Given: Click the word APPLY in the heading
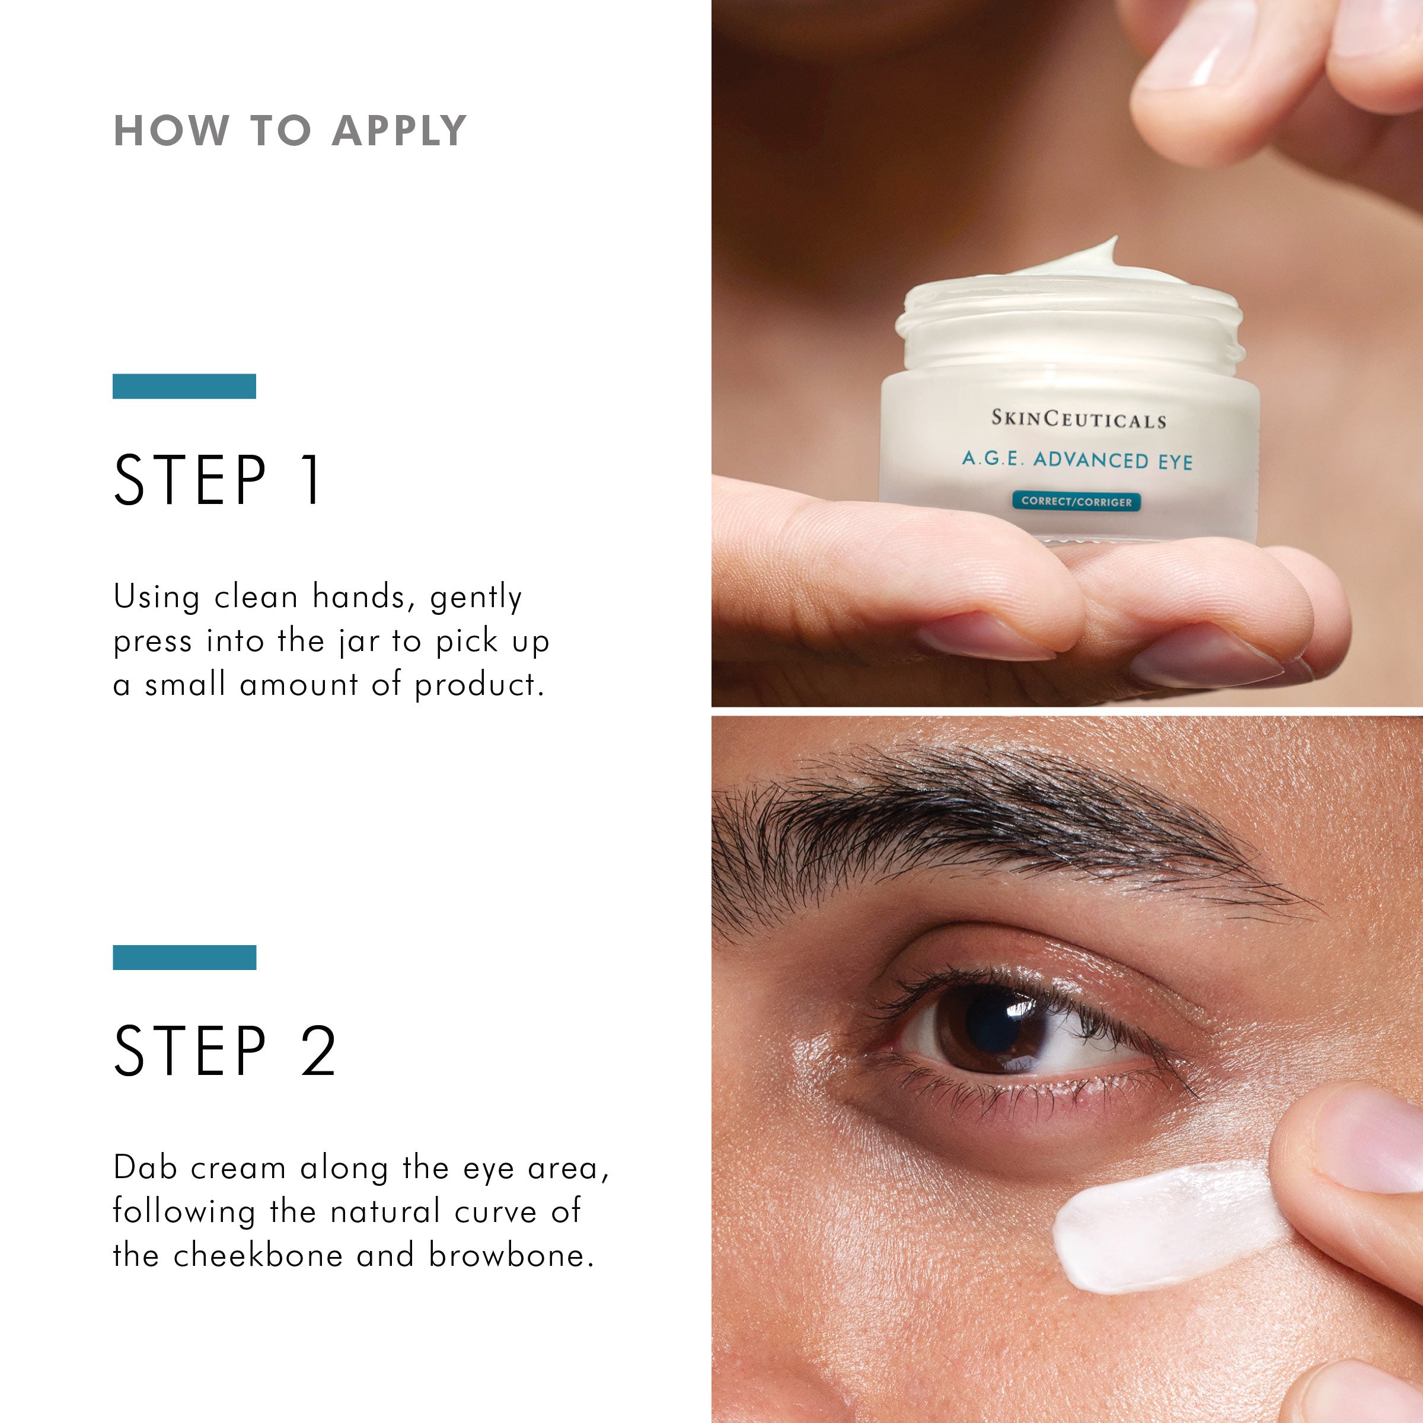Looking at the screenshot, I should point(398,132).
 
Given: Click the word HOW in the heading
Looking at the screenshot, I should point(171,132).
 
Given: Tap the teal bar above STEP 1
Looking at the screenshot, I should point(184,386).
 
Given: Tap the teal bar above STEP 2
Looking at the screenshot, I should point(184,958).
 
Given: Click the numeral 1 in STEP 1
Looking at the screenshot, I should point(312,480).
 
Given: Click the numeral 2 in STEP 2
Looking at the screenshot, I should point(318,1051).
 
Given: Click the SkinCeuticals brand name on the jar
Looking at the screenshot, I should point(1079,419).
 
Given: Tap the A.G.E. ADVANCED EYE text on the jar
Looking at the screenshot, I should point(1077,460).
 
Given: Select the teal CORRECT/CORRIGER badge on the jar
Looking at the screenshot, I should point(1076,502).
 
